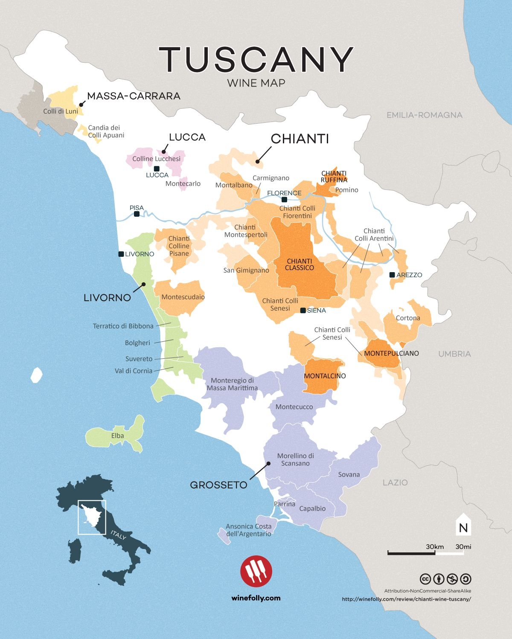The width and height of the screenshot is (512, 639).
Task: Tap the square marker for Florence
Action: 285,200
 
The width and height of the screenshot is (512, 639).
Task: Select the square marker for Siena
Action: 303,310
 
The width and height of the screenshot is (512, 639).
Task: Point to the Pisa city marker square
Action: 137,214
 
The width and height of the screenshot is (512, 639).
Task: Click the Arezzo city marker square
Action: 392,275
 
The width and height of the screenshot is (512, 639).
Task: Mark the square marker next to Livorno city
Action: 121,254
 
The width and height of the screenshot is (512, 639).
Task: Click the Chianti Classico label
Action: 300,264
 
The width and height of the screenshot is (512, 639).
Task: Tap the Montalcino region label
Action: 325,376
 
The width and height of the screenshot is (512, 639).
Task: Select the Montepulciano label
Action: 391,353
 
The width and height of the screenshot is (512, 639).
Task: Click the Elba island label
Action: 117,436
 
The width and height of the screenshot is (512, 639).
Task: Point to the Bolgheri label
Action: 137,343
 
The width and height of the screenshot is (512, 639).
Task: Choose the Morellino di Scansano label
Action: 295,459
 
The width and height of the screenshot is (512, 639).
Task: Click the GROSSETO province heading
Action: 218,485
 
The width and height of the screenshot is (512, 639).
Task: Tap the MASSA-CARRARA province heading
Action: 134,96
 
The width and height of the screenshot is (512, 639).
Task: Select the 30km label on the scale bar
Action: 435,546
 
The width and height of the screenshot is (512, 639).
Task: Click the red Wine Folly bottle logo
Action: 256,571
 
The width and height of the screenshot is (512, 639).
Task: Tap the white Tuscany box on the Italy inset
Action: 92,517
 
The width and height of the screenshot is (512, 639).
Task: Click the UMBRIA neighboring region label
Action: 454,354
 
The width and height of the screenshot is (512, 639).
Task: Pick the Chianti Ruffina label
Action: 334,177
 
